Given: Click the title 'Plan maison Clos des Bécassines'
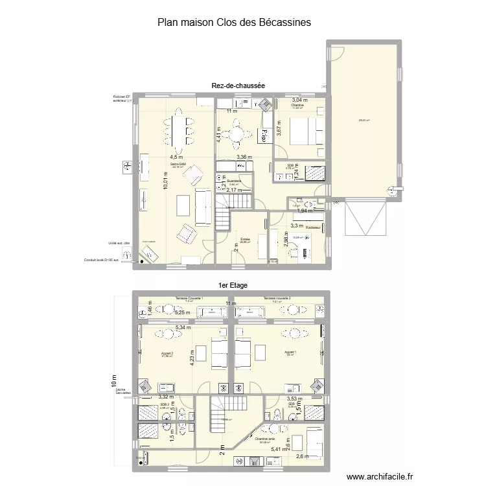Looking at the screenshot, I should point(234,22).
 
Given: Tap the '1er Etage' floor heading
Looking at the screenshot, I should point(233,285).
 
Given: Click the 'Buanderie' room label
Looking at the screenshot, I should point(234,181).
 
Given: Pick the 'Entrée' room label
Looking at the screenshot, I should point(245,239).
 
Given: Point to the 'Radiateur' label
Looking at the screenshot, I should point(314,227).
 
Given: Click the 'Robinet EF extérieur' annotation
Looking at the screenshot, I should point(122,99).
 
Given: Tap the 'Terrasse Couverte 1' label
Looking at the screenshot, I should point(189,298).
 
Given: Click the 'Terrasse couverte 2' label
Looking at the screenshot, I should point(277,298).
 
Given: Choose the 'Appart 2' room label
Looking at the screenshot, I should point(167,353).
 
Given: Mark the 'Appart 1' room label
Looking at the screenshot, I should point(290,353).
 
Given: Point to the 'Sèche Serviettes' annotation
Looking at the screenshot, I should point(122,391).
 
